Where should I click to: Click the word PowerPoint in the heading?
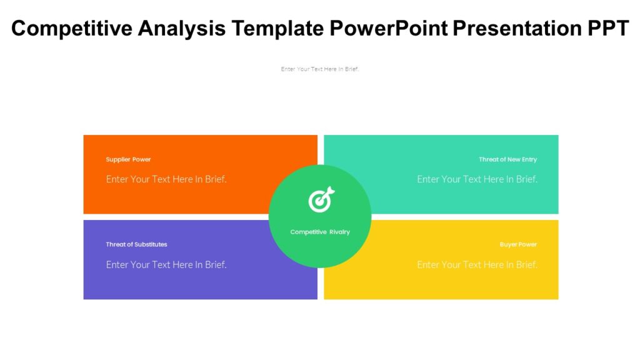pyautogui.click(x=387, y=28)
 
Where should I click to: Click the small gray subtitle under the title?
pyautogui.click(x=320, y=69)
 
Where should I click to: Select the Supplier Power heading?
pyautogui.click(x=128, y=159)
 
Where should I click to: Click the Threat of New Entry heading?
pyautogui.click(x=507, y=159)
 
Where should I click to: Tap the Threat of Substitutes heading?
pyautogui.click(x=136, y=244)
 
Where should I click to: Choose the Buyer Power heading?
pyautogui.click(x=518, y=244)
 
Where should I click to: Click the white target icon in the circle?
pyautogui.click(x=321, y=200)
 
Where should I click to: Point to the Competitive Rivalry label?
pyautogui.click(x=320, y=232)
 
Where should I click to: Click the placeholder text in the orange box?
pyautogui.click(x=166, y=179)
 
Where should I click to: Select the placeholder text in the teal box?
pyautogui.click(x=477, y=179)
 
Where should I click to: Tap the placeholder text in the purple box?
pyautogui.click(x=166, y=264)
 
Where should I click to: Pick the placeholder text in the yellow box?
pyautogui.click(x=477, y=264)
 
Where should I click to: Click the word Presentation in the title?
pyautogui.click(x=512, y=28)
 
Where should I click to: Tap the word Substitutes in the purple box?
pyautogui.click(x=151, y=244)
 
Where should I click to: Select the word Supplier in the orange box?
pyautogui.click(x=117, y=159)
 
